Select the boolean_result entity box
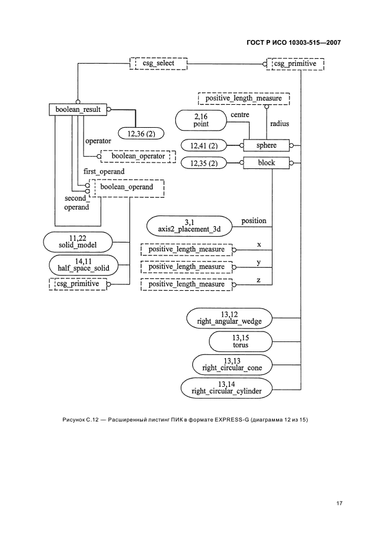point(78,109)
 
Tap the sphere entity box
point(267,145)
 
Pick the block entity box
point(267,163)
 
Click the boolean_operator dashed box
point(139,156)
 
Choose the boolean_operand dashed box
point(126,188)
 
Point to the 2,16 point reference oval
point(201,120)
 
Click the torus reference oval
point(240,341)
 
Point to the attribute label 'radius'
point(280,124)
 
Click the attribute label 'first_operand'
point(105,171)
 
